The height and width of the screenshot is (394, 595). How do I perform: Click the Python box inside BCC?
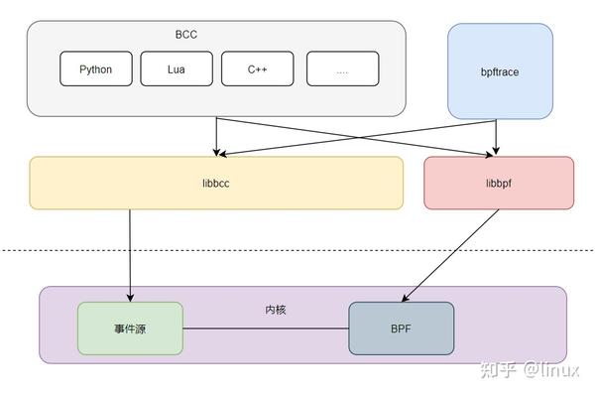[96, 69]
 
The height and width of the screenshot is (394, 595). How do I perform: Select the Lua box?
[177, 69]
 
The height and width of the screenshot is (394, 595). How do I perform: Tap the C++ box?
[258, 69]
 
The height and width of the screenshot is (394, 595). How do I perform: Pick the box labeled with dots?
[342, 69]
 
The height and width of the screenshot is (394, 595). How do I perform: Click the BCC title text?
[186, 34]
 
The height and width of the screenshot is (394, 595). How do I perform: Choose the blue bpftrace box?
[501, 72]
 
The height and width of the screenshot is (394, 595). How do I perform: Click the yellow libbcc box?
[216, 183]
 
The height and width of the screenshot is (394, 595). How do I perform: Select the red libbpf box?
[499, 183]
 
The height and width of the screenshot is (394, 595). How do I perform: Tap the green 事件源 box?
[130, 328]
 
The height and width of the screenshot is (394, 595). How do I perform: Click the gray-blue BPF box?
[401, 328]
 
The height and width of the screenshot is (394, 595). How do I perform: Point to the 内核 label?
[276, 310]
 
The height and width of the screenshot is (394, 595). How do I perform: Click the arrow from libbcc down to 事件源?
[130, 253]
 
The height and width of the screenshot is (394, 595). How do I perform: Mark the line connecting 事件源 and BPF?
[266, 328]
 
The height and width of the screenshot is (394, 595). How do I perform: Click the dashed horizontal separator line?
[297, 250]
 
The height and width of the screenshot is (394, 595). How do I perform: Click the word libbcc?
[216, 183]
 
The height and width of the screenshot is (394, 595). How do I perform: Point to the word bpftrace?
[501, 72]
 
